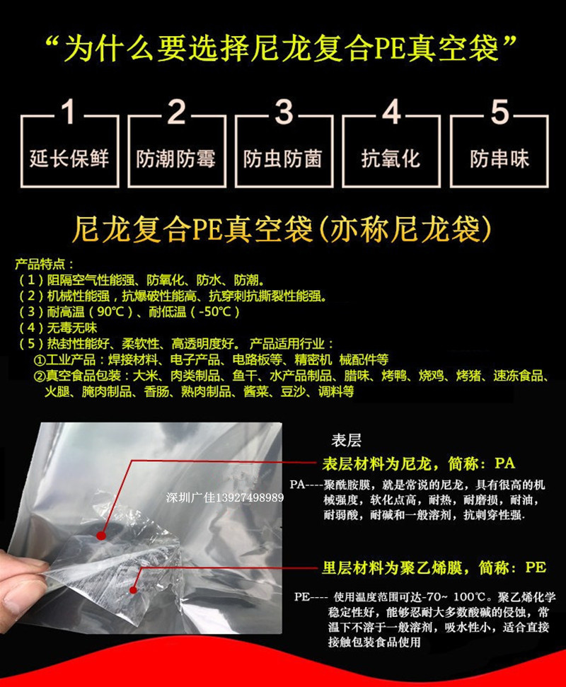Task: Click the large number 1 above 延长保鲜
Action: pos(69,112)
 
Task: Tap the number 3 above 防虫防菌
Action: pos(283,112)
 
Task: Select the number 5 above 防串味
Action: pos(499,112)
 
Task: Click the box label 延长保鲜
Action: pos(69,158)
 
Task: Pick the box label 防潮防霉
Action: pos(175,158)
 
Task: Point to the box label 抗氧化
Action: pos(391,158)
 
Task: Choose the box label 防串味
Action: pos(499,158)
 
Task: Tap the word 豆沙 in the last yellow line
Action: pos(292,391)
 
